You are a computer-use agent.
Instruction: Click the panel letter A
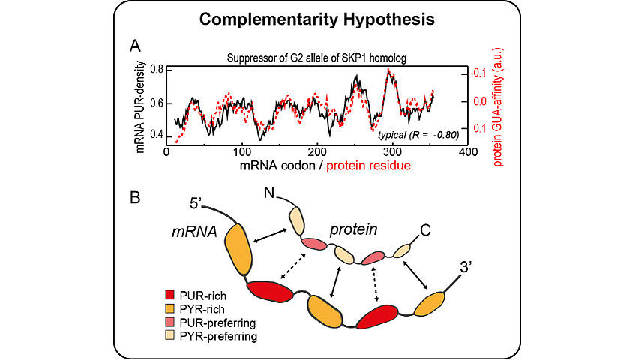pyautogui.click(x=135, y=46)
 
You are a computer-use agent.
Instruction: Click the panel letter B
pyautogui.click(x=135, y=197)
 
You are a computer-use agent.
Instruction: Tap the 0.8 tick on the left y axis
pyautogui.click(x=157, y=69)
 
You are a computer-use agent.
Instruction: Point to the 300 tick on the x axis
pyautogui.click(x=392, y=152)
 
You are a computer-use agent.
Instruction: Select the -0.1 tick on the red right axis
pyautogui.click(x=478, y=73)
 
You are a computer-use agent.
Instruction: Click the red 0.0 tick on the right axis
pyautogui.click(x=480, y=101)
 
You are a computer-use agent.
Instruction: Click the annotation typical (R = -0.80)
pyautogui.click(x=418, y=135)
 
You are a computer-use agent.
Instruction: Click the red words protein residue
pyautogui.click(x=368, y=166)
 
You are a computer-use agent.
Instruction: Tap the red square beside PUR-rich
pyautogui.click(x=170, y=295)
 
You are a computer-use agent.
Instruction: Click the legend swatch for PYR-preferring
pyautogui.click(x=170, y=335)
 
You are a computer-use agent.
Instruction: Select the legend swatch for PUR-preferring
pyautogui.click(x=170, y=322)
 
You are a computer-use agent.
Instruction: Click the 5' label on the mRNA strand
pyautogui.click(x=196, y=203)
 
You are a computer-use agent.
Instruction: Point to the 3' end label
pyautogui.click(x=466, y=268)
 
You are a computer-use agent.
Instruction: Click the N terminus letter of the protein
pyautogui.click(x=269, y=193)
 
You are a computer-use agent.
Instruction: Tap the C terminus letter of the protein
pyautogui.click(x=425, y=230)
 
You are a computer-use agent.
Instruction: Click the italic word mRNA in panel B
pyautogui.click(x=194, y=232)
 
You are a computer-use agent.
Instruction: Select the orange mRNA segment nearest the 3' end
pyautogui.click(x=430, y=303)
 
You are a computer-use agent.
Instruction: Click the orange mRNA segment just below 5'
pyautogui.click(x=238, y=249)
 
